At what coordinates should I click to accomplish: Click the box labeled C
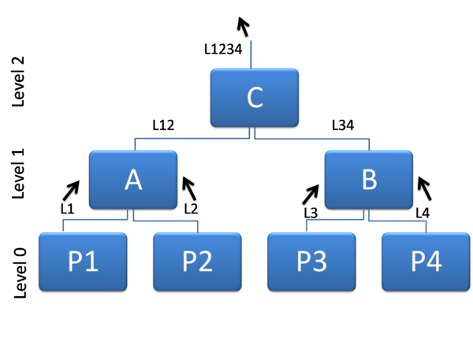click(x=254, y=98)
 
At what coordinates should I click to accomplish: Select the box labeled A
click(x=132, y=179)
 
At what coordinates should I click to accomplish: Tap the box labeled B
click(x=368, y=179)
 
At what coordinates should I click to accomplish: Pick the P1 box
click(x=83, y=262)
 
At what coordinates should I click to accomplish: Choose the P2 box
click(x=197, y=262)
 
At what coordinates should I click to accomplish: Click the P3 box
click(x=311, y=262)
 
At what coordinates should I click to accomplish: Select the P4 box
click(x=426, y=262)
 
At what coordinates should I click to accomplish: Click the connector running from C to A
click(x=189, y=139)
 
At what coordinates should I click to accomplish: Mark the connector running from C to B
click(x=315, y=139)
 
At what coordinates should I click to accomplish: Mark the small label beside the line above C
click(x=223, y=50)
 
